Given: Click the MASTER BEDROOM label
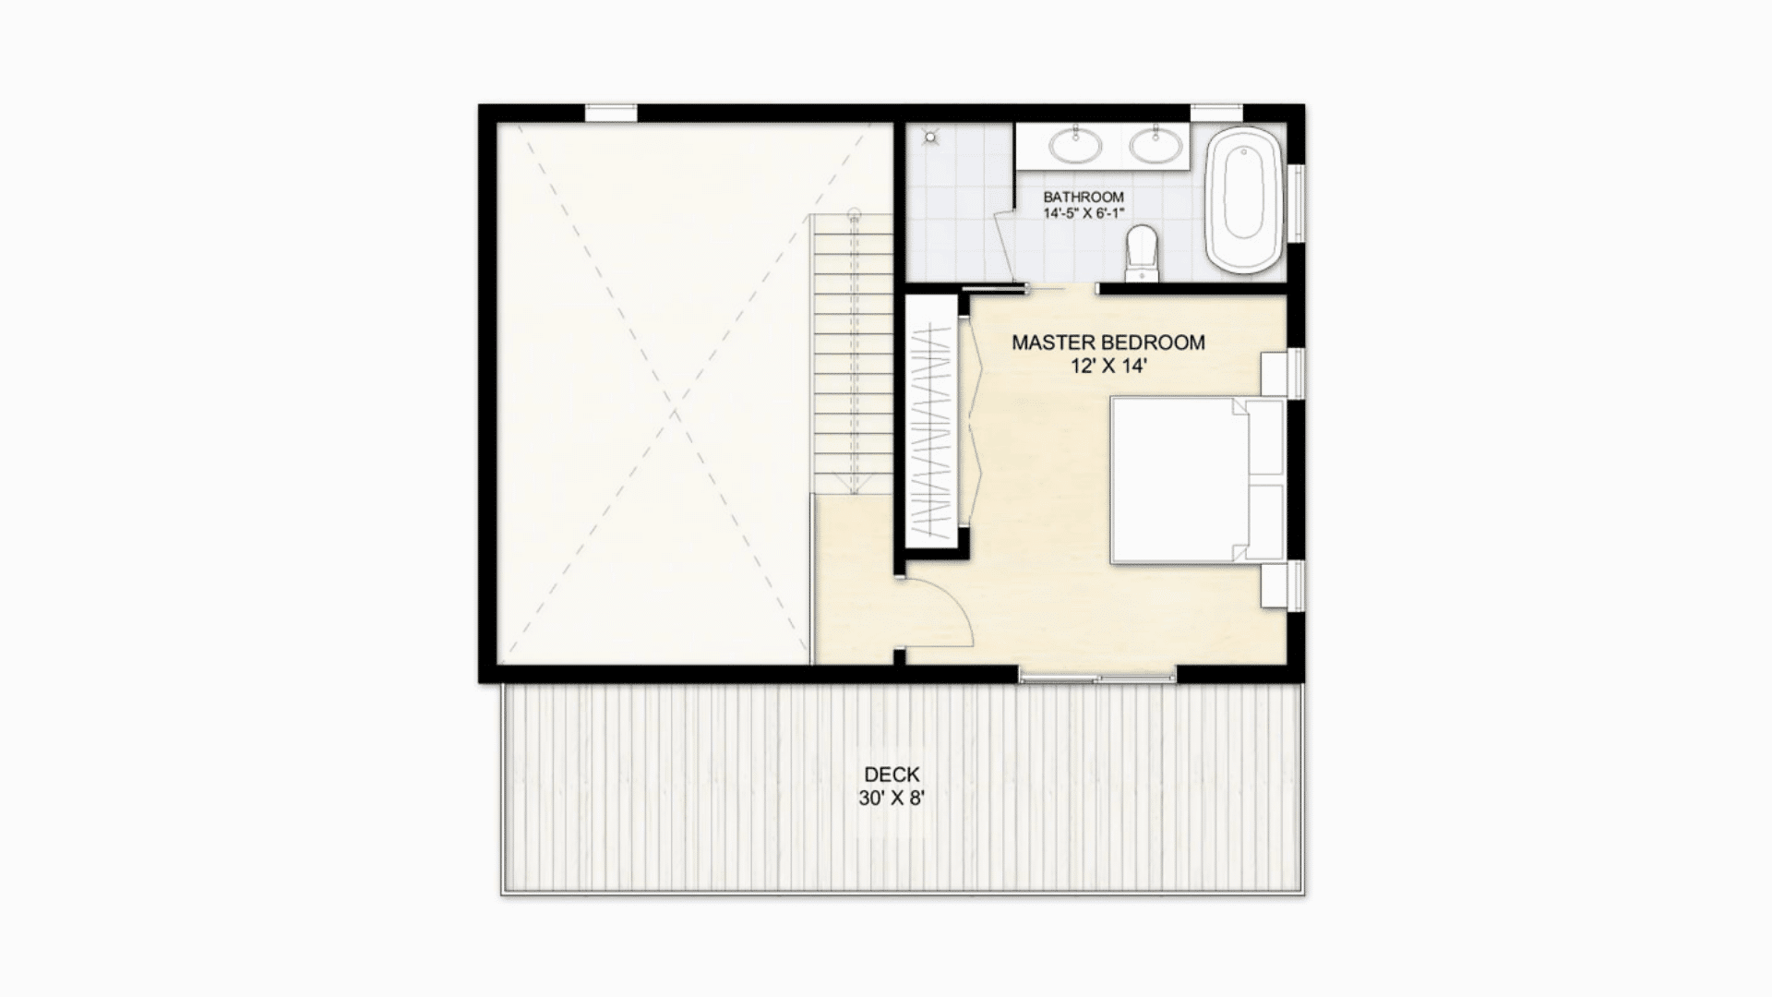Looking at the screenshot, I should [1107, 342].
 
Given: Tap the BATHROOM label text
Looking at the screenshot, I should [1083, 197].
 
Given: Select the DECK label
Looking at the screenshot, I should [892, 775].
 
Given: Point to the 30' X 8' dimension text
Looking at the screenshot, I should [892, 799].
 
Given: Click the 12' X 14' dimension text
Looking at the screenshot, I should [1107, 366].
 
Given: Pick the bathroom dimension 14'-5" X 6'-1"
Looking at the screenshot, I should [1083, 213].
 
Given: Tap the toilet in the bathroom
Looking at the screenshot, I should [1142, 252].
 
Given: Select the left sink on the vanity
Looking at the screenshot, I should [1075, 144].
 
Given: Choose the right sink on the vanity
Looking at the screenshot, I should [1155, 144].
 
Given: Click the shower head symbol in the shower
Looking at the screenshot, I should [930, 137].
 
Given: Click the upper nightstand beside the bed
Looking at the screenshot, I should [1275, 374].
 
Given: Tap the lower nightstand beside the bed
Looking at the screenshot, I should [1275, 585].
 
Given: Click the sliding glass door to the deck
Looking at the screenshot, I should [1097, 679].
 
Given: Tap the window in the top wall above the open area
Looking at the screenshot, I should [611, 114].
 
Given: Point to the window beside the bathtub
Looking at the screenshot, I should [1296, 203].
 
